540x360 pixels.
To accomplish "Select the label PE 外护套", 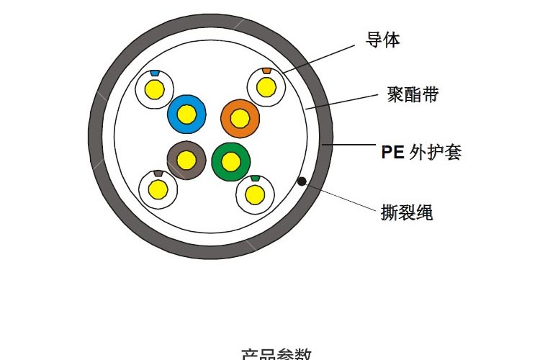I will [x=420, y=152].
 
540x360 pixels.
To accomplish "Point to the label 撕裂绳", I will [x=407, y=212].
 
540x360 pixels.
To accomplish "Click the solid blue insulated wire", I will [x=186, y=113].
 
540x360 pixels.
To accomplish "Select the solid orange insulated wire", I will [x=240, y=117].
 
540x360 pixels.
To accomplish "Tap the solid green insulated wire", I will [x=231, y=161].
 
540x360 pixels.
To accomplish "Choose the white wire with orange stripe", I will [x=266, y=87].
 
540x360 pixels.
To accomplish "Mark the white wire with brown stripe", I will [x=158, y=189].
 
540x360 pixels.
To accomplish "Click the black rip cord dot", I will [x=302, y=181].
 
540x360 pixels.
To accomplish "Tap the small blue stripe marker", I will [x=154, y=73].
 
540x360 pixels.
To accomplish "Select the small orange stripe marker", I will [x=267, y=71].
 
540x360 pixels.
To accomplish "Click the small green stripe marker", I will [x=254, y=178].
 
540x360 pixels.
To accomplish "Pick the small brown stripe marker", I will [x=158, y=174].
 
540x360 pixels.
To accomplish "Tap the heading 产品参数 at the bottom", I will [x=276, y=354].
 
